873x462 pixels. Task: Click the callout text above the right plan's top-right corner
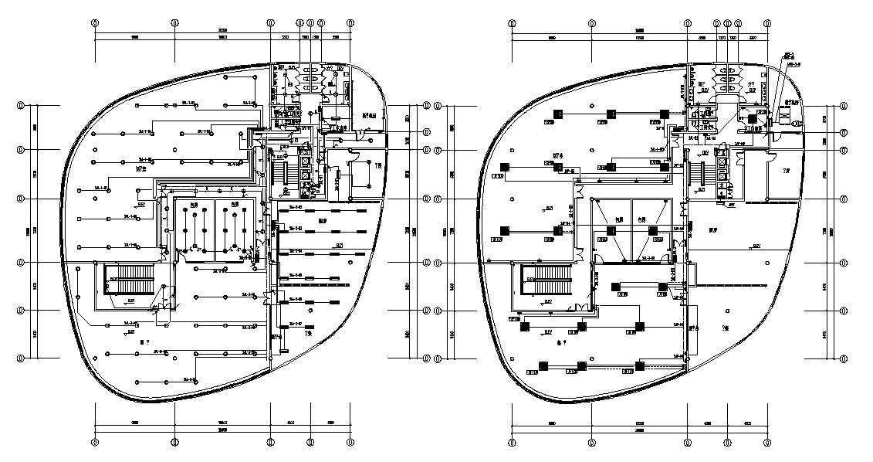click(x=790, y=57)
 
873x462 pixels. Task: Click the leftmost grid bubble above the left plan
click(x=95, y=23)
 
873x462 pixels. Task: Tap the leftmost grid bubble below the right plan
click(x=511, y=442)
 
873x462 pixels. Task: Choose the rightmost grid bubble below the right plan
click(x=766, y=442)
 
